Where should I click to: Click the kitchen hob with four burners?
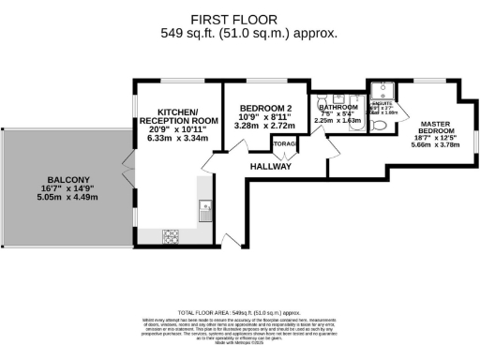pyautogui.click(x=172, y=234)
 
